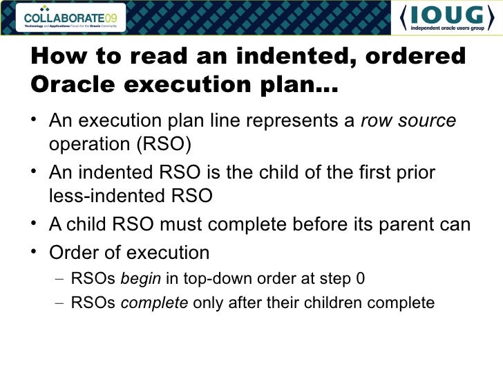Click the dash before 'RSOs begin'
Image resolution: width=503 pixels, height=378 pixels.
60,279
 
